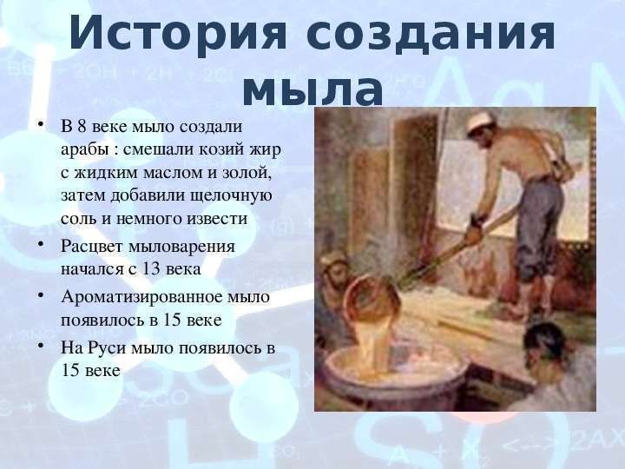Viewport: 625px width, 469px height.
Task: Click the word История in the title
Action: pyautogui.click(x=178, y=34)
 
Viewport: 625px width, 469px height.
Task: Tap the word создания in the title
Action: pyautogui.click(x=431, y=34)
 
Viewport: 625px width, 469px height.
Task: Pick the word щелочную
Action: pyautogui.click(x=231, y=196)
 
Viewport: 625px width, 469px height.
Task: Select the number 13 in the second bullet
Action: pyautogui.click(x=151, y=269)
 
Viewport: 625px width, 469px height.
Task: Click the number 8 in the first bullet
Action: pyautogui.click(x=82, y=127)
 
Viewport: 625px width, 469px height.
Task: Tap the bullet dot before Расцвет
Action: pyautogui.click(x=40, y=243)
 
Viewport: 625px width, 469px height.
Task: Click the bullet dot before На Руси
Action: pyautogui.click(x=40, y=345)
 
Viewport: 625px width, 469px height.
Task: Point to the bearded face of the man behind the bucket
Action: pyautogui.click(x=334, y=274)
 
